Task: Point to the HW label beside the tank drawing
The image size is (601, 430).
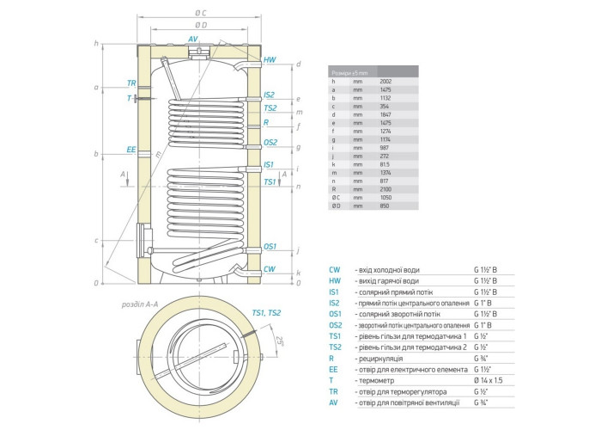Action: pos(270,59)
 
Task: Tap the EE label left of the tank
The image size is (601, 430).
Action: pos(131,149)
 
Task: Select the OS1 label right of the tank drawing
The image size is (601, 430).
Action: pos(270,246)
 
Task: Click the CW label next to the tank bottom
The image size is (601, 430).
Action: pos(270,269)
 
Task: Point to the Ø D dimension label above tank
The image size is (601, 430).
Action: pos(199,25)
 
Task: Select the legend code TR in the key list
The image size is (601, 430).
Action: pos(334,390)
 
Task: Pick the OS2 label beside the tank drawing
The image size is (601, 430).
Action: pos(270,142)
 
